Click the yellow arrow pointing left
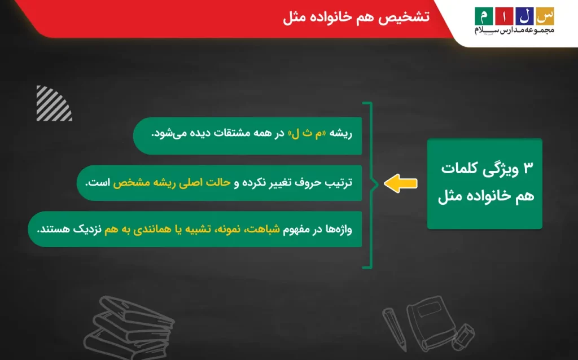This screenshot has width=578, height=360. (x=401, y=183)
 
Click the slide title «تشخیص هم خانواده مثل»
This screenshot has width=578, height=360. (x=356, y=17)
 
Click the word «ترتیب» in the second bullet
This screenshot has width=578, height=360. (x=339, y=183)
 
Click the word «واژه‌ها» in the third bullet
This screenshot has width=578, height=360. (x=339, y=230)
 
